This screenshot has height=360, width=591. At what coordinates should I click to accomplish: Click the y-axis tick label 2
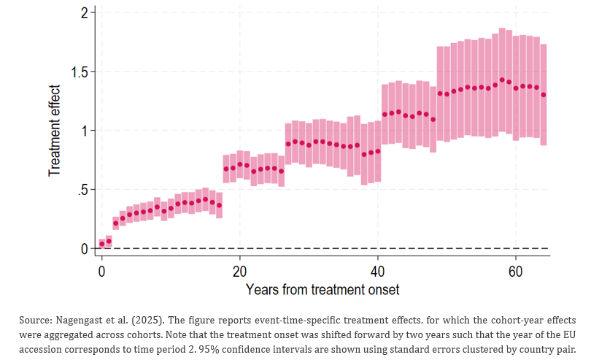tap(85, 13)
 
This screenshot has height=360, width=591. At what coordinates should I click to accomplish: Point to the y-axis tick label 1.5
tap(80, 72)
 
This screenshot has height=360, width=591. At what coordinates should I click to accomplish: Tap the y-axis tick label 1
tap(85, 131)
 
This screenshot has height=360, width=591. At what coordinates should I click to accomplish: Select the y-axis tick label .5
tap(83, 190)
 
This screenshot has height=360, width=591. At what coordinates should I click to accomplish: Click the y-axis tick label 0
tap(85, 249)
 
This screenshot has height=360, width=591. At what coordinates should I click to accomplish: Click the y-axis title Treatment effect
tap(55, 131)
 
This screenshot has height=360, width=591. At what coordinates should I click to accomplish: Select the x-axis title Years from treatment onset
tap(322, 290)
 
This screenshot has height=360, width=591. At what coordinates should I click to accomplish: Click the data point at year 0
tap(102, 244)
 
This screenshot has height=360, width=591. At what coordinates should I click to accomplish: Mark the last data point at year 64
tap(544, 95)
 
